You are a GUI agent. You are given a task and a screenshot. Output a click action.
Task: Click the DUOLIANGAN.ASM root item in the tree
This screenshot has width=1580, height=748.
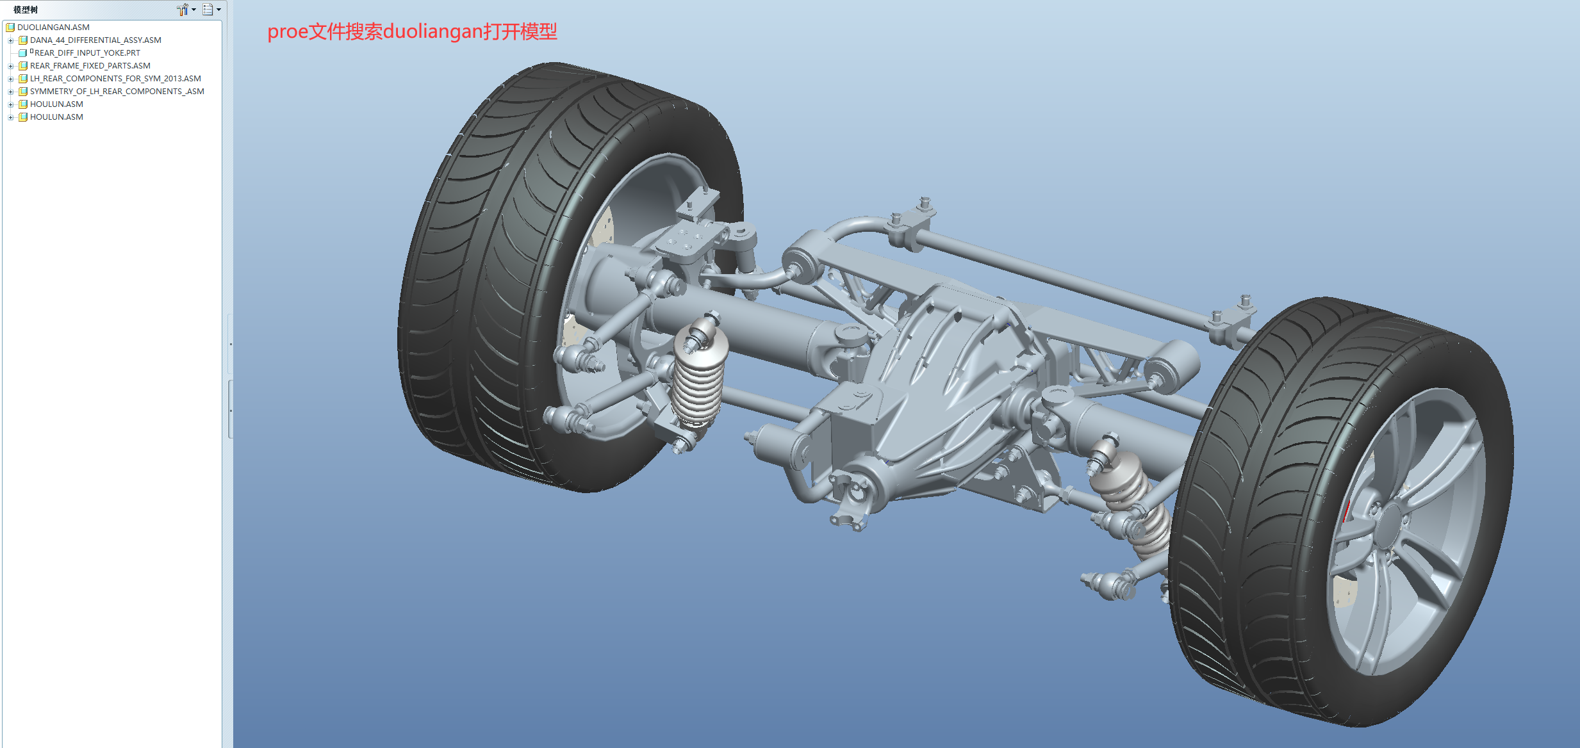(53, 28)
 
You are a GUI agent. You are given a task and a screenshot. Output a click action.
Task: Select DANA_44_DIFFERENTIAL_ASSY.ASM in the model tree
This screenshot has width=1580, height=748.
(95, 40)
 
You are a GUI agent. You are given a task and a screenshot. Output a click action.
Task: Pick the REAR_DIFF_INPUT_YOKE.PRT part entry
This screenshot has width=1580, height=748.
(86, 53)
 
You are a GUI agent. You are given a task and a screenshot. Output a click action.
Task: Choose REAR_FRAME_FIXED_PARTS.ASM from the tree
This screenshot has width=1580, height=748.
(90, 66)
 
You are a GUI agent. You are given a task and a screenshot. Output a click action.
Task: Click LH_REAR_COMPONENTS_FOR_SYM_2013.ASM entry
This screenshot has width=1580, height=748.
(115, 79)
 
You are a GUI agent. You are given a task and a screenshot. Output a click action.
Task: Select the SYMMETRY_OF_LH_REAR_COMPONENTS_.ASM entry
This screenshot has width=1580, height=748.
(117, 92)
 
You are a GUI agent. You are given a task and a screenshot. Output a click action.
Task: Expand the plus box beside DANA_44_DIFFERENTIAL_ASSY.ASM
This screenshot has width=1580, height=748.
(11, 40)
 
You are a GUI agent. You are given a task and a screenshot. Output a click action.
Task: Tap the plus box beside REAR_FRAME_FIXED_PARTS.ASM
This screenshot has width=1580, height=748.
(11, 66)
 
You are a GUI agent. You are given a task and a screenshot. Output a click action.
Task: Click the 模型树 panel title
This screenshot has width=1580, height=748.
(26, 10)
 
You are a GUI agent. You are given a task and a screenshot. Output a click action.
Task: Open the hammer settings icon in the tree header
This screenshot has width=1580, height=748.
(183, 10)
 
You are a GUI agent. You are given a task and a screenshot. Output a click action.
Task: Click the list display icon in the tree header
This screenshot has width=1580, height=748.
(208, 10)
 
